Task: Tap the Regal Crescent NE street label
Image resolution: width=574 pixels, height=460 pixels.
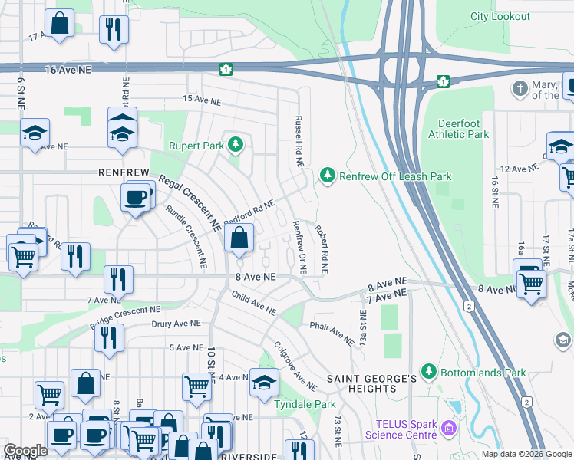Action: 190,202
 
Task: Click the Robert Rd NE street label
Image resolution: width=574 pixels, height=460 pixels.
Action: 320,249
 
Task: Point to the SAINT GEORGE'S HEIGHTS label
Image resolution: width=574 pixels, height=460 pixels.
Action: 371,384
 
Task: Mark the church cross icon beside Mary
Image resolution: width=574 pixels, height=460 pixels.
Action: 520,89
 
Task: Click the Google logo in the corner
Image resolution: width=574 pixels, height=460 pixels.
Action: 25,451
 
